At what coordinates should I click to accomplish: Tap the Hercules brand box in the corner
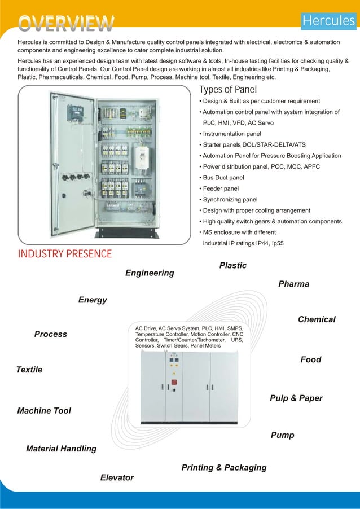(329, 21)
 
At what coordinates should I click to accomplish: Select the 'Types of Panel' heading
(228, 90)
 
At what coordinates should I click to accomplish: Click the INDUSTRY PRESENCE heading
(64, 253)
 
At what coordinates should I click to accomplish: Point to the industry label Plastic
(232, 265)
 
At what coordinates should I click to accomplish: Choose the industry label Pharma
(293, 284)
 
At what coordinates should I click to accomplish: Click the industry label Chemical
(317, 319)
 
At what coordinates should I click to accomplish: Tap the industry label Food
(310, 359)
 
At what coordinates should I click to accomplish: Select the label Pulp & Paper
(296, 398)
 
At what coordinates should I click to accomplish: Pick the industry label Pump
(282, 435)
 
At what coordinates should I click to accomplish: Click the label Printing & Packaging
(223, 468)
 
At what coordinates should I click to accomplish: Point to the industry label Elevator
(117, 478)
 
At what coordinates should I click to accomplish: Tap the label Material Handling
(61, 449)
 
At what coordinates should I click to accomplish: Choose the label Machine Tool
(44, 411)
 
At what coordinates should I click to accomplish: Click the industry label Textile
(29, 370)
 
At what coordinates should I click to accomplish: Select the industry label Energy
(93, 300)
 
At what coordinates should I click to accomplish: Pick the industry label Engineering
(150, 273)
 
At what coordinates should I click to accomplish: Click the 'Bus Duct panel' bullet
(220, 178)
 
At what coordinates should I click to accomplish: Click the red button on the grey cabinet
(174, 382)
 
